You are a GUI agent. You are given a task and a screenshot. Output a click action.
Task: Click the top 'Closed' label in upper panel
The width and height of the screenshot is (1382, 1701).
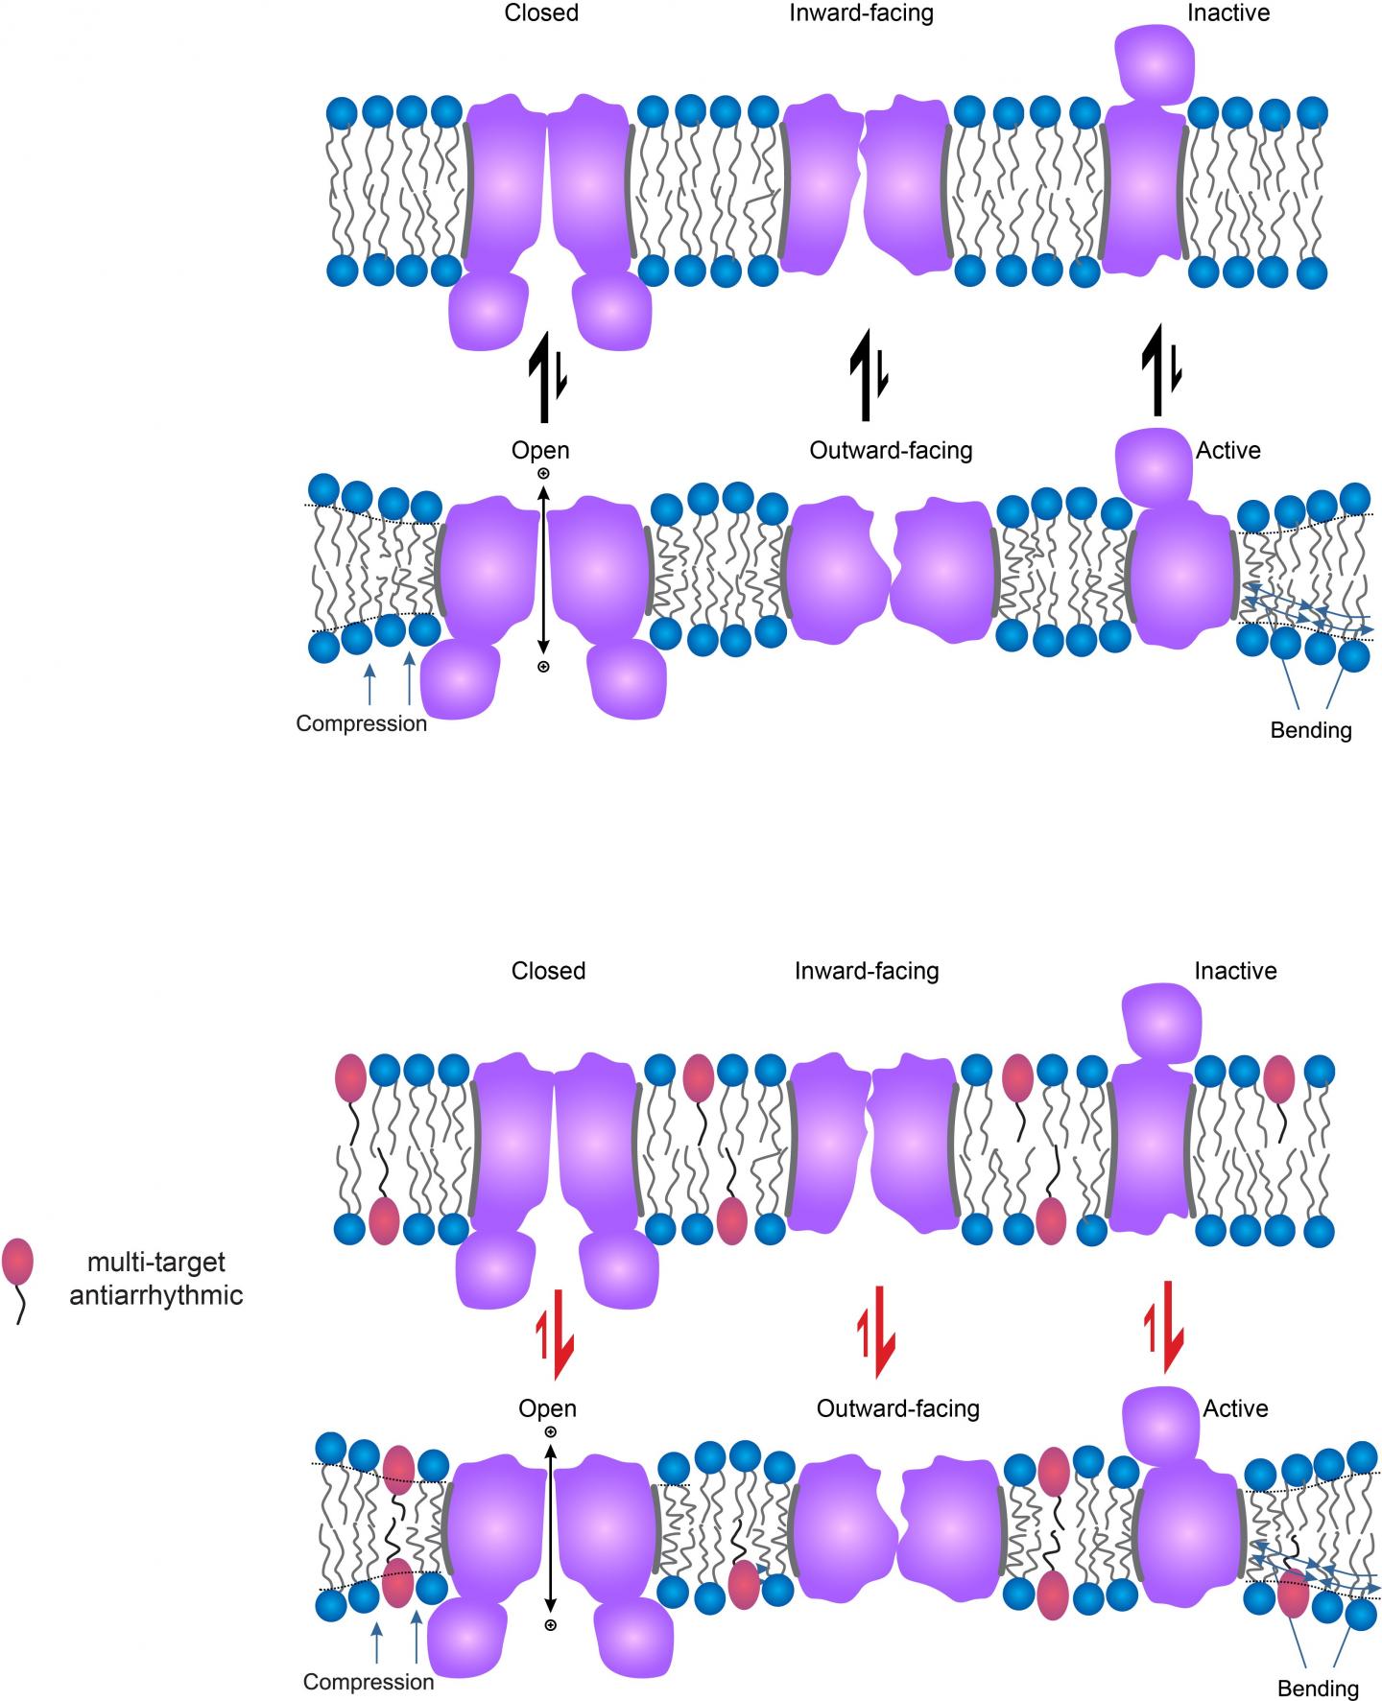click(541, 13)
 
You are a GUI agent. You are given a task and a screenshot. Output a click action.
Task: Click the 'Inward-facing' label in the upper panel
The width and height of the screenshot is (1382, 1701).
click(860, 13)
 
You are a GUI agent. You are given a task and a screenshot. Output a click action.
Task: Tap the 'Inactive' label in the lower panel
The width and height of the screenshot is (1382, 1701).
click(1235, 971)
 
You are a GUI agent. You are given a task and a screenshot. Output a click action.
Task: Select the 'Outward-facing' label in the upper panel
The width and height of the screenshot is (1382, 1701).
click(891, 450)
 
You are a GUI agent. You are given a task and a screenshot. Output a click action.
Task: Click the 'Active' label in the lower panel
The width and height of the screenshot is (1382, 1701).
click(1235, 1408)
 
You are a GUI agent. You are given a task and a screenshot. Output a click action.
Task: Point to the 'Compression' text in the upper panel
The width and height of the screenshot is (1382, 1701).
click(361, 723)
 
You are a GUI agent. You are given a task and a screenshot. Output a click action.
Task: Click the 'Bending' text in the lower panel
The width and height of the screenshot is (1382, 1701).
click(1318, 1689)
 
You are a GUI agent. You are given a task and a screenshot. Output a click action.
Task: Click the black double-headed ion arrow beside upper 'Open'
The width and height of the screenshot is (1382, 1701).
click(543, 570)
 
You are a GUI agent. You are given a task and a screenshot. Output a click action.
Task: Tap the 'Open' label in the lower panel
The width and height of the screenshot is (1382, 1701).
click(547, 1408)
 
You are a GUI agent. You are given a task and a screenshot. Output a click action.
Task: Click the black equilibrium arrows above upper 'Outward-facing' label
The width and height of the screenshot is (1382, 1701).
click(868, 378)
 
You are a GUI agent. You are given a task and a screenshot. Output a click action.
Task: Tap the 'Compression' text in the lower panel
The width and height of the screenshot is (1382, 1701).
click(369, 1682)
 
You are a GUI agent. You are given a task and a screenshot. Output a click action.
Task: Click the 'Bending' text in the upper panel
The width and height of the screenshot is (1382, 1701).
click(1311, 730)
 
